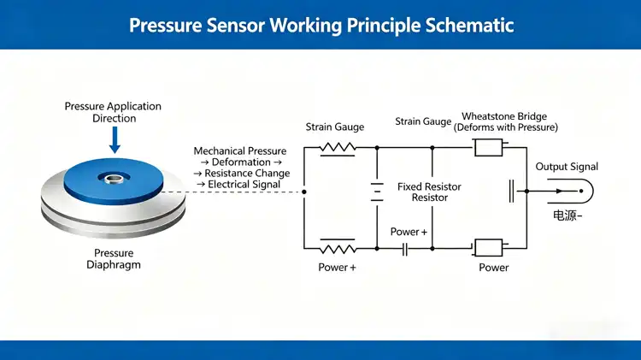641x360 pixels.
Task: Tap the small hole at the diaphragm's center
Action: (113, 179)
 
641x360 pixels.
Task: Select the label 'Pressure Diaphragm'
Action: (114, 259)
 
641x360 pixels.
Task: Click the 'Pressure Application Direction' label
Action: (113, 112)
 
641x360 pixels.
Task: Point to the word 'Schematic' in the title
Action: (469, 25)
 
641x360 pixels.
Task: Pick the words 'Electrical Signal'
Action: (244, 184)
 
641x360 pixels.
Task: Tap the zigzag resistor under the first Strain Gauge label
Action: (337, 147)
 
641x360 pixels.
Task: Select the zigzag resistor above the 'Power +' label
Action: (337, 248)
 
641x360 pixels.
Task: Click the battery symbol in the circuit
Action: (376, 191)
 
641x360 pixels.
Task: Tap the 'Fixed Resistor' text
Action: (429, 186)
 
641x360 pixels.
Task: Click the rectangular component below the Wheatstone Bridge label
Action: (487, 147)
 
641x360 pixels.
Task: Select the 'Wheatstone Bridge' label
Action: (503, 116)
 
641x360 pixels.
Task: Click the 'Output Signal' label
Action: (567, 167)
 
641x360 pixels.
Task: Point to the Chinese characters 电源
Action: (563, 217)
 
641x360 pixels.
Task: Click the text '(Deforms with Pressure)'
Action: (505, 127)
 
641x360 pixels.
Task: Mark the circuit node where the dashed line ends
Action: (304, 192)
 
